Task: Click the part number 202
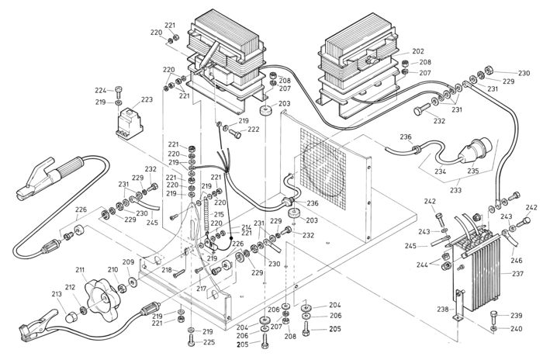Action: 417,51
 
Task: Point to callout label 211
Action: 80,270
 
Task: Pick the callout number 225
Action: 209,343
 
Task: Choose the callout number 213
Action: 56,294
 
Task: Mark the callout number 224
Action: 100,90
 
